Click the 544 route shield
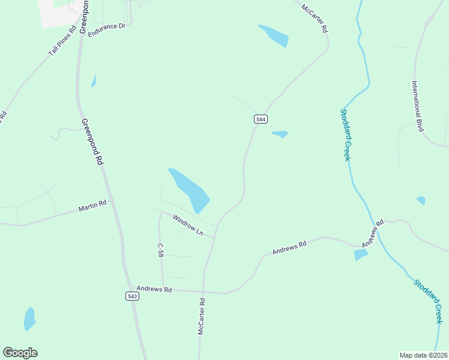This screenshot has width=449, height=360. click(261, 119)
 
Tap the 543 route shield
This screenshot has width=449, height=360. click(133, 296)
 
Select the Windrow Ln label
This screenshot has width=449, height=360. click(188, 225)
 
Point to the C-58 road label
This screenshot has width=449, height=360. click(160, 250)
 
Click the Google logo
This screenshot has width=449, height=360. click(20, 353)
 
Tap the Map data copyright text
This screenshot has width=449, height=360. click(423, 355)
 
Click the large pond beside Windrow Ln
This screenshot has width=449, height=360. click(190, 190)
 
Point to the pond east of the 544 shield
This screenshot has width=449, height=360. click(280, 134)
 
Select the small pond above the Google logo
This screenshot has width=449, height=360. click(29, 319)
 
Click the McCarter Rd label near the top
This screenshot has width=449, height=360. click(315, 19)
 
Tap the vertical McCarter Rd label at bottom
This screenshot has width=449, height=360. click(202, 316)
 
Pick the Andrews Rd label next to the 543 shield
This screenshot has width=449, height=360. click(154, 289)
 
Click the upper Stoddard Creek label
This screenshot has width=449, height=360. click(345, 134)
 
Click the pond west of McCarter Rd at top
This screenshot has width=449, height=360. click(274, 35)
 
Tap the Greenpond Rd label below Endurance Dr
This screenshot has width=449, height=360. click(92, 142)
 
